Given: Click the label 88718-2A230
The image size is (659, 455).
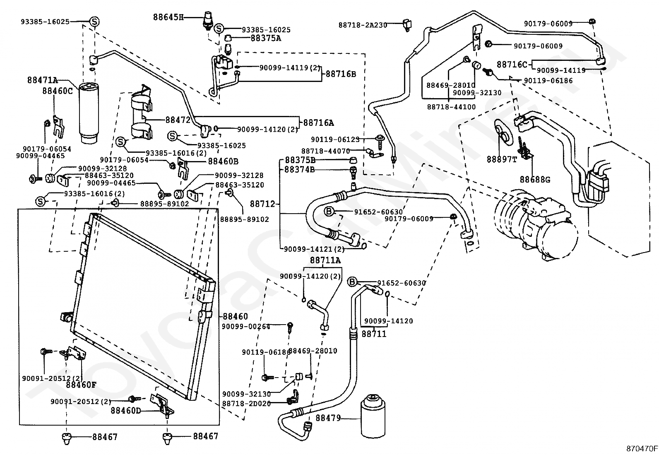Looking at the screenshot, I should (363, 25).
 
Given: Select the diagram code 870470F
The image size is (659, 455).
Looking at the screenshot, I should (641, 448).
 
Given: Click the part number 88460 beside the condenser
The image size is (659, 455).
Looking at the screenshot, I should (235, 317).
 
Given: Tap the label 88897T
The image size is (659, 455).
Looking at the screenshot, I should (502, 159).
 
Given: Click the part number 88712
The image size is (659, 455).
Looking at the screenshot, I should (262, 204).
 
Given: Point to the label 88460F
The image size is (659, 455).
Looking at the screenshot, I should (81, 385).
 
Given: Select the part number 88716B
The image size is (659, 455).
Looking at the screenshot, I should (341, 74).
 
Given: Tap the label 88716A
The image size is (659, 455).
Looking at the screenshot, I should (318, 123).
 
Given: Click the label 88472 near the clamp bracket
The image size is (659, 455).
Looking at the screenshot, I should (178, 120).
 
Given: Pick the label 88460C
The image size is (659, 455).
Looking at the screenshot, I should (57, 90).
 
